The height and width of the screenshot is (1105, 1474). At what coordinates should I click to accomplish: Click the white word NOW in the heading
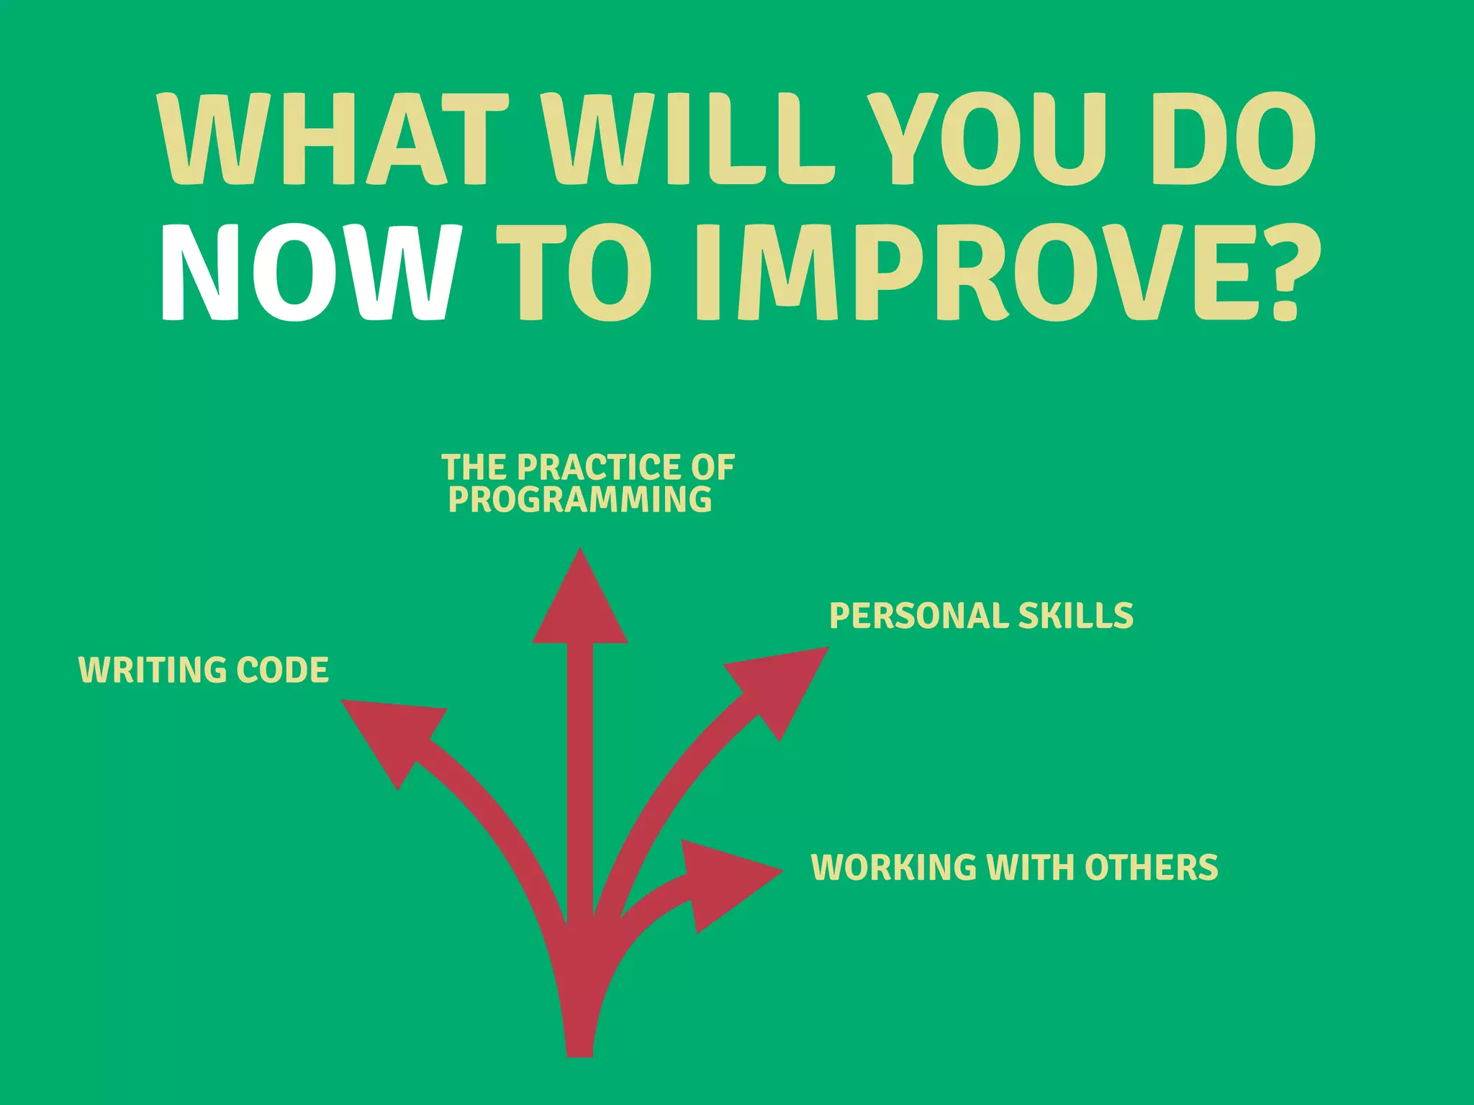[x=309, y=273]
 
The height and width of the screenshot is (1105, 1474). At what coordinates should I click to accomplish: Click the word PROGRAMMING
[x=579, y=500]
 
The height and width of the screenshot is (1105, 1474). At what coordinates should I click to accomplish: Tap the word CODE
[x=282, y=670]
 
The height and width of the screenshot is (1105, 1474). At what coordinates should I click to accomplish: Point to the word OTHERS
[x=1151, y=867]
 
